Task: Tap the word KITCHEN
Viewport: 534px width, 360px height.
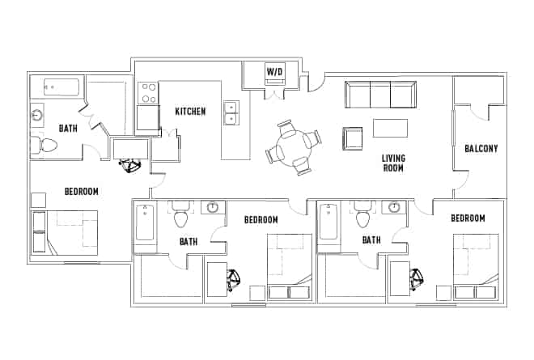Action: coord(190,111)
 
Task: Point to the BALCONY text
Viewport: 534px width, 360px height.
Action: coord(481,149)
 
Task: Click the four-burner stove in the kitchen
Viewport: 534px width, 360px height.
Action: coord(147,93)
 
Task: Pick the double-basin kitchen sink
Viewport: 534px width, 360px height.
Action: coord(231,112)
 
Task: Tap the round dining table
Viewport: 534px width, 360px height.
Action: coord(293,148)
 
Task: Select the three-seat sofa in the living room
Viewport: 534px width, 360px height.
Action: coord(379,95)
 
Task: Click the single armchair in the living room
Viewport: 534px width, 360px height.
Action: coord(352,138)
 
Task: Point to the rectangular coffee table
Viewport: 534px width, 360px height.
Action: coord(390,128)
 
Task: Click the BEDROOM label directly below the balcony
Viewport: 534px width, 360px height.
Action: coord(468,218)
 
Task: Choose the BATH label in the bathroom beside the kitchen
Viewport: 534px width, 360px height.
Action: coord(68,128)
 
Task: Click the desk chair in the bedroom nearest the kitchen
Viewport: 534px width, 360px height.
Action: coord(129,166)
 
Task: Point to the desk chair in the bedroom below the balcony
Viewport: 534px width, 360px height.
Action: coord(417,279)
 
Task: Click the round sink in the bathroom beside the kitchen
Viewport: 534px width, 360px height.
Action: coord(36,116)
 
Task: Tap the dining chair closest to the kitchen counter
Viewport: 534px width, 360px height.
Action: coord(274,154)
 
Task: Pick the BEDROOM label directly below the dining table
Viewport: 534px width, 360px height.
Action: coord(261,220)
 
